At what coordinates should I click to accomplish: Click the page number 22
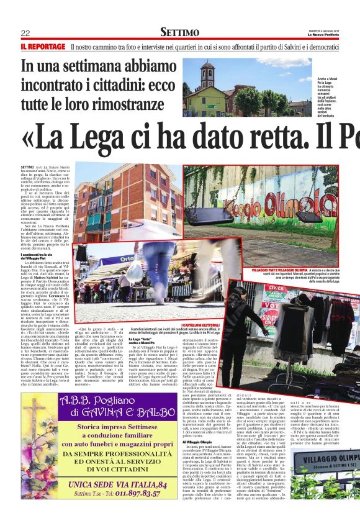pos(25,33)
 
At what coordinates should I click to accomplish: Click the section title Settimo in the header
pos(179,32)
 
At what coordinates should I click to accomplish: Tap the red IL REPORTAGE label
pos(43,47)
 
